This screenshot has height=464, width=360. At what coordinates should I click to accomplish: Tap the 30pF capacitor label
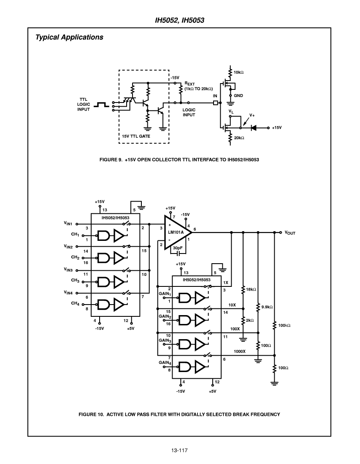(178, 248)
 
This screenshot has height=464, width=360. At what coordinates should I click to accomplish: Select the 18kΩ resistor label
(251, 289)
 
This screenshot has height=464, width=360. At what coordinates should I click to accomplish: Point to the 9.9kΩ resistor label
(267, 307)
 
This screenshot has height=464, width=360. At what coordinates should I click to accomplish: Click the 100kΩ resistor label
(284, 325)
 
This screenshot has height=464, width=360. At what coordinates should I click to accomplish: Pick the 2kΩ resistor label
(250, 320)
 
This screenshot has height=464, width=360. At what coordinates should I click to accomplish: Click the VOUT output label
(290, 233)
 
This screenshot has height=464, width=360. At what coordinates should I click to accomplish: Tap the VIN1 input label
(68, 224)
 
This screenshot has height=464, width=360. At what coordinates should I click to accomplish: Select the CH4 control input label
(75, 303)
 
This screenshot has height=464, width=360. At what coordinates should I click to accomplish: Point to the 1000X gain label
(239, 351)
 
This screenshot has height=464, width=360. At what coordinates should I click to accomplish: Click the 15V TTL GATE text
(136, 136)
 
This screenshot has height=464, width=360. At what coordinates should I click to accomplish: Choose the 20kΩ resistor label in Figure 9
(239, 138)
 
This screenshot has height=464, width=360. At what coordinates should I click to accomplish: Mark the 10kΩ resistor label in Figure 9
(238, 72)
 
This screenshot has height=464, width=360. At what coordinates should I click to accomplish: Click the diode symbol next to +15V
(253, 128)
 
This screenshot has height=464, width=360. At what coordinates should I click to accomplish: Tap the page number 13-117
(179, 451)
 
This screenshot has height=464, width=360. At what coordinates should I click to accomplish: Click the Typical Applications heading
(69, 37)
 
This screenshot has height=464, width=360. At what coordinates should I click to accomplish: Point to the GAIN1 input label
(165, 294)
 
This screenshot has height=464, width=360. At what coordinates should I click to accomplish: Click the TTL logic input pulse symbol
(101, 105)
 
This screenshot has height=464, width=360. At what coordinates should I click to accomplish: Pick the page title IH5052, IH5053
(180, 20)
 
